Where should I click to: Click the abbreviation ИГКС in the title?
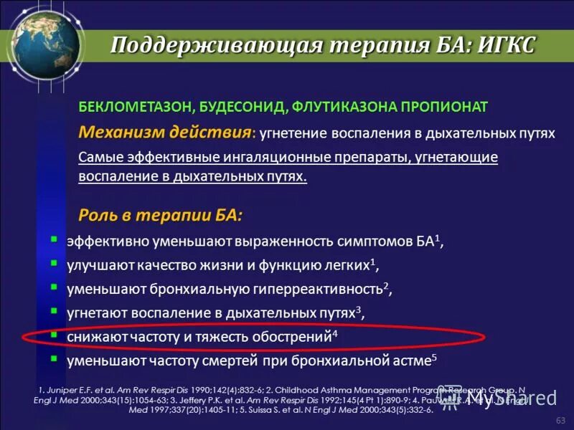(506, 45)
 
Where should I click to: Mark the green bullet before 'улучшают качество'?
(55, 264)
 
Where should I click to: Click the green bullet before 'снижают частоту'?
(55, 334)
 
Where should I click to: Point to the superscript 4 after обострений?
(336, 333)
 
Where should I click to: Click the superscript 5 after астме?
(434, 356)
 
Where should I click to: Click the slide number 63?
(560, 419)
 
